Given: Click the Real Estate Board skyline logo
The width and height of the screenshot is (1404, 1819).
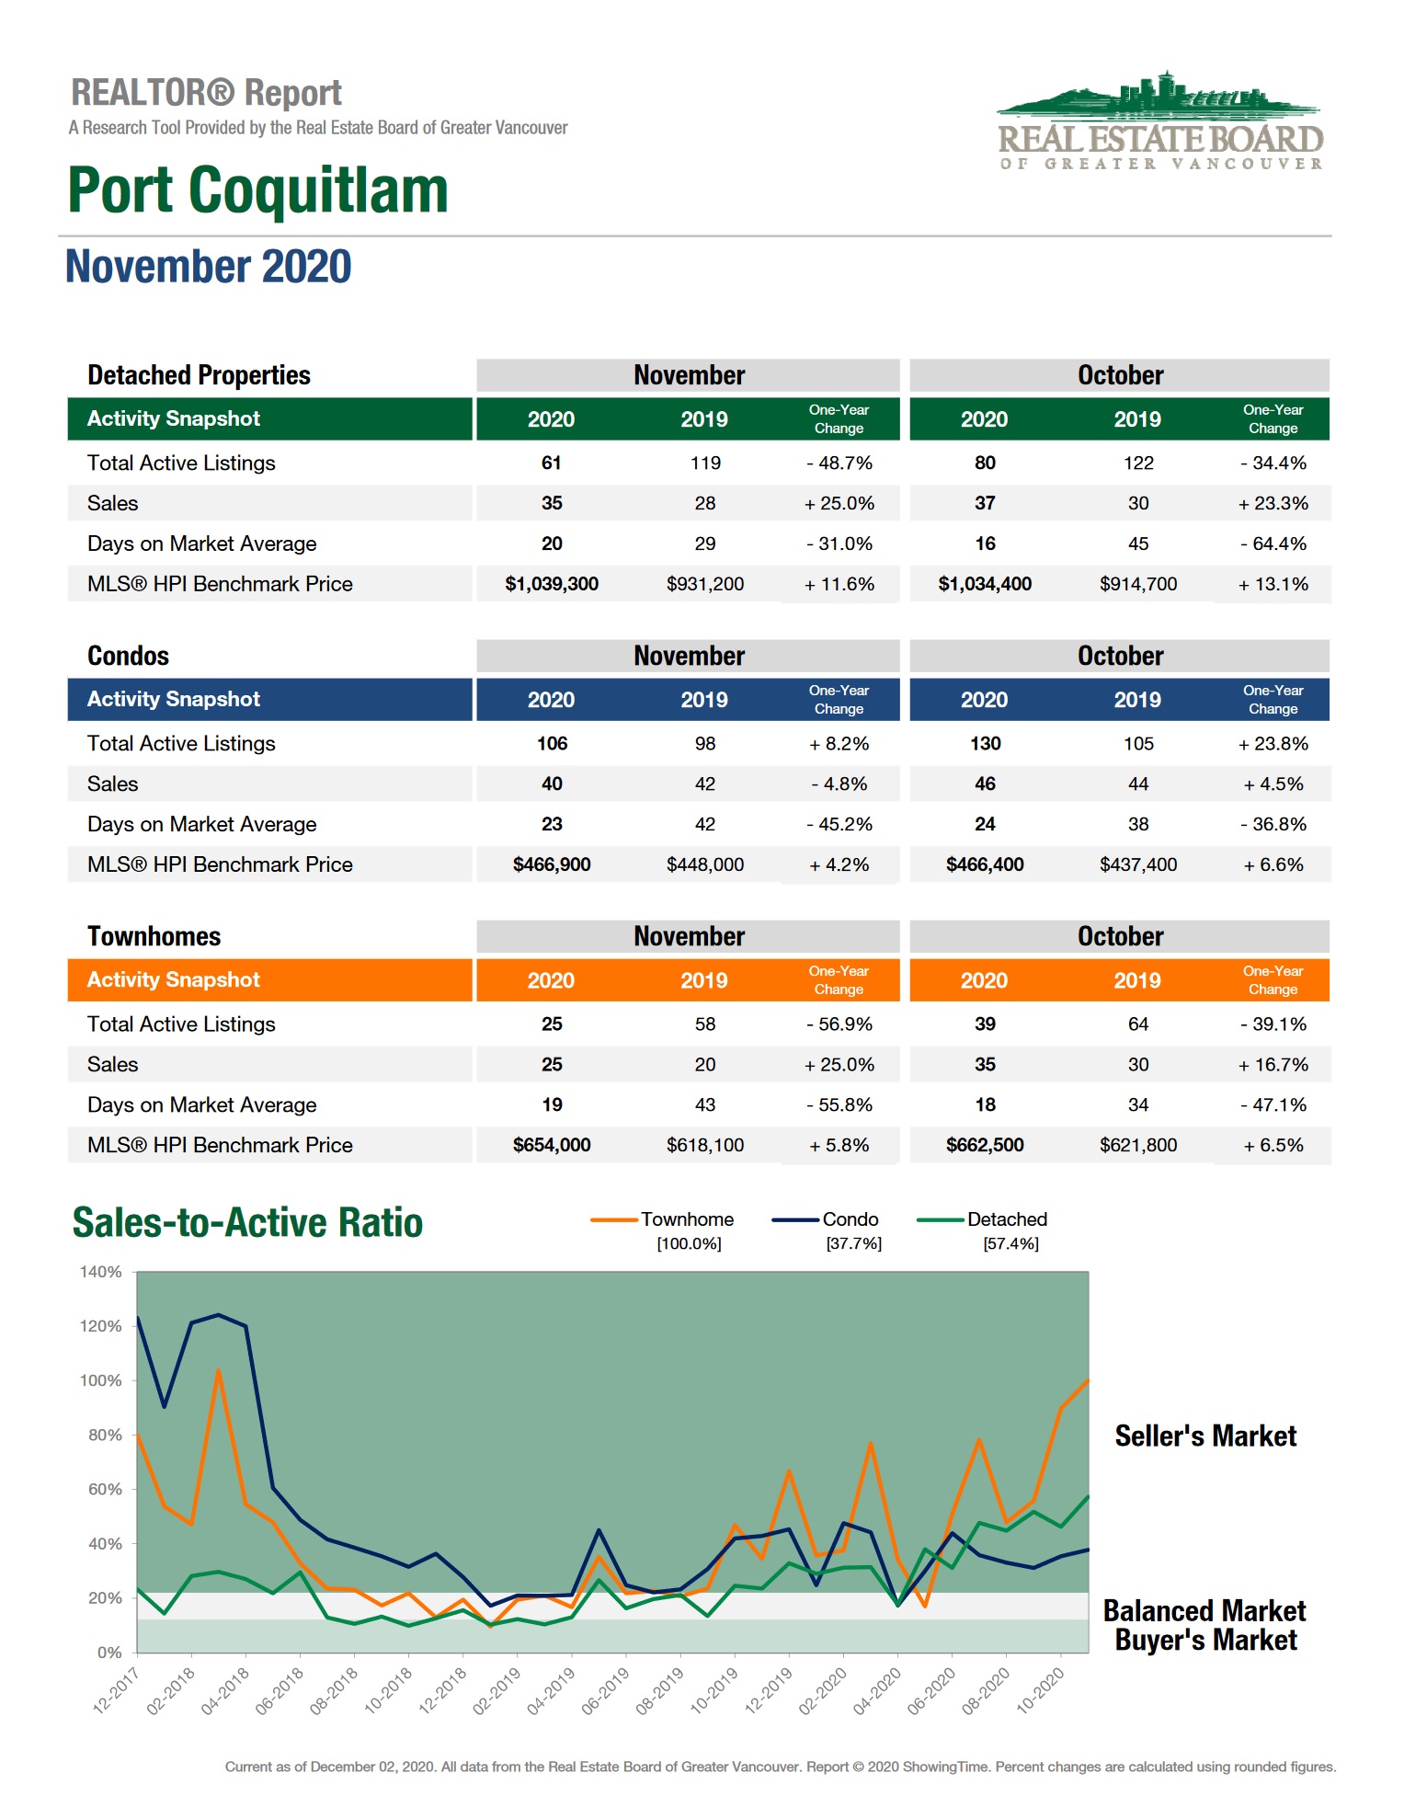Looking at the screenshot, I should coord(1160,120).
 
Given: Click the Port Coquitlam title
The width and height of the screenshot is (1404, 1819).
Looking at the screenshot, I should coord(258,190).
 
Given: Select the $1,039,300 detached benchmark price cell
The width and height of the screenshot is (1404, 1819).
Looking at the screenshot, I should coord(552,584).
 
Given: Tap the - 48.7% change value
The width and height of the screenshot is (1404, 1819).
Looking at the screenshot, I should coord(839,463).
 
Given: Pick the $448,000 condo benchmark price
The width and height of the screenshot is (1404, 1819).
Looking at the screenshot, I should coord(705,864).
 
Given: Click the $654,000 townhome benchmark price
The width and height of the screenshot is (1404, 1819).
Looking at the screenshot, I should coord(552,1145).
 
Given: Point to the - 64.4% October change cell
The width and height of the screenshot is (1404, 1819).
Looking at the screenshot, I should coord(1273,543).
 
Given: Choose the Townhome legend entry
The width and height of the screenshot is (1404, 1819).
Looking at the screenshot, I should coord(686,1219).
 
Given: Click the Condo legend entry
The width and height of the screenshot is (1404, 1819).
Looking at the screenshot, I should coord(850,1219).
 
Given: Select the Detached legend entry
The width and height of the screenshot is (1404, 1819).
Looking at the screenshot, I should coord(1006,1219).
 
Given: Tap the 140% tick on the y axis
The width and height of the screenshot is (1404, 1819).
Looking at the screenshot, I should coord(101,1272).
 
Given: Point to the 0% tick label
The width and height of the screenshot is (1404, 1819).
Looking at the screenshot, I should coord(109,1653).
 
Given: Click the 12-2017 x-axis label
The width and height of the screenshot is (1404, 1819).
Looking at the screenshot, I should coord(116,1690).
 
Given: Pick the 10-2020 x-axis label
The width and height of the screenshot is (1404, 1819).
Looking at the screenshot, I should coord(1040,1690).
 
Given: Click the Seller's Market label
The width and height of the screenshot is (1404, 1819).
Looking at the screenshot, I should coord(1205,1436).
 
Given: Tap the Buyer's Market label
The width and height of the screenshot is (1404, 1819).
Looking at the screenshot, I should coord(1205,1641).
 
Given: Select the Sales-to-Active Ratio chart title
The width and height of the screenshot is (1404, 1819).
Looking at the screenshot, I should coord(247,1223).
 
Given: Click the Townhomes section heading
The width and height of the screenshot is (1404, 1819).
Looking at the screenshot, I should coord(154,936).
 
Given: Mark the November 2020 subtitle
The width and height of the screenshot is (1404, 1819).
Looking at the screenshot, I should coord(209,267).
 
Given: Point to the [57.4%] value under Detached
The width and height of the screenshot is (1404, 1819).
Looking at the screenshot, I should coord(1010,1244).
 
